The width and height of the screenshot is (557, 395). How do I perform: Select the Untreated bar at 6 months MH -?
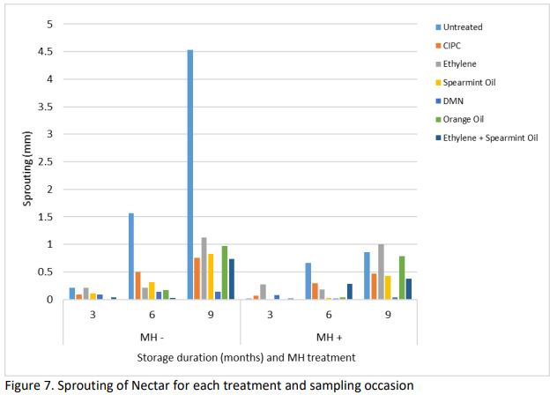[x=130, y=256]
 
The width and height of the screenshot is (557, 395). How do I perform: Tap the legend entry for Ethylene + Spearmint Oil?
[x=499, y=137]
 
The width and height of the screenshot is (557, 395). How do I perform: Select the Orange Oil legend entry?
[x=483, y=118]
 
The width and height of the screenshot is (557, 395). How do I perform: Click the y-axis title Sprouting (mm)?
[x=27, y=163]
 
